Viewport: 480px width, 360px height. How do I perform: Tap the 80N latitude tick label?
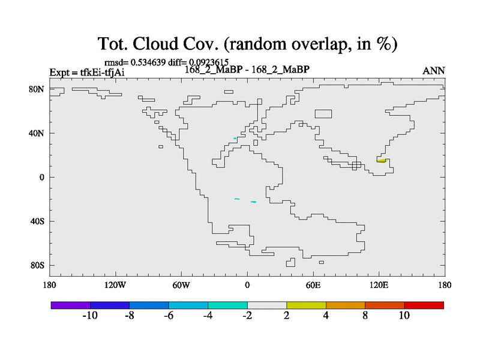point(37,89)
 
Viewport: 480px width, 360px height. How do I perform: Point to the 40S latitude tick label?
point(37,221)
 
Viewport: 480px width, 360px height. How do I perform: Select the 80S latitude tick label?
point(37,265)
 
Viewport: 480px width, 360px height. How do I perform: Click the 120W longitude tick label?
point(115,286)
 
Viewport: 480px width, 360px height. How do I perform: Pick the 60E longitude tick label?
point(313,286)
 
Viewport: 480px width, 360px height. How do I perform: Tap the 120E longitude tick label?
point(379,286)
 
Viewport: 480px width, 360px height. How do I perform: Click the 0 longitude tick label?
point(247,286)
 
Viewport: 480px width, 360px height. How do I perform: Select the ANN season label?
point(433,71)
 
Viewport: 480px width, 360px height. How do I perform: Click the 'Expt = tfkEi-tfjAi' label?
point(87,73)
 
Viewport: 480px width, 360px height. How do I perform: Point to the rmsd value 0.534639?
point(148,62)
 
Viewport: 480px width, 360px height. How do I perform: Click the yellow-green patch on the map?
point(382,161)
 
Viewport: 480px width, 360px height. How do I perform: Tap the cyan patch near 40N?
point(235,139)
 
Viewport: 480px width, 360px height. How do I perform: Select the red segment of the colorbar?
point(424,305)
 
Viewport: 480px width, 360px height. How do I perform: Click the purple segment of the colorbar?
point(71,305)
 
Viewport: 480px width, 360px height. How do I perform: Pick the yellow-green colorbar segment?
point(306,305)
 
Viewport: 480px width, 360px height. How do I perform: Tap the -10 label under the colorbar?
point(90,316)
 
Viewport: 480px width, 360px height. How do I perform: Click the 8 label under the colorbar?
point(365,316)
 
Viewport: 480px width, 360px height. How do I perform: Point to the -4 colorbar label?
point(208,316)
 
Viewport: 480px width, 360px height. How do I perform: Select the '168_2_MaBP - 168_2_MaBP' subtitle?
point(247,70)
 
